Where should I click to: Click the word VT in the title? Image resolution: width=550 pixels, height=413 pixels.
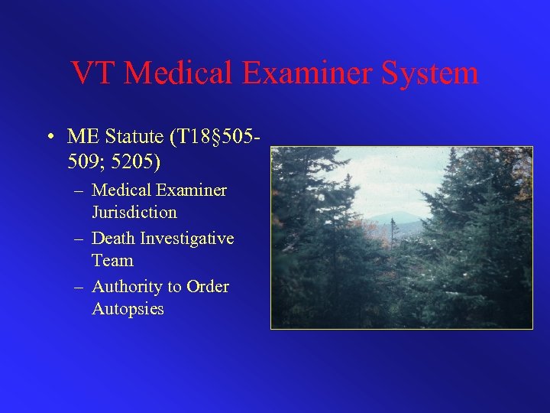(93, 73)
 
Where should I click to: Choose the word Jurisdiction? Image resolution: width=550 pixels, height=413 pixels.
(134, 212)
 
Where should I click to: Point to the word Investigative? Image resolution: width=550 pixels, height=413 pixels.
(187, 239)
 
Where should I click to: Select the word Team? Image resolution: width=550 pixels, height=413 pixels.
(112, 261)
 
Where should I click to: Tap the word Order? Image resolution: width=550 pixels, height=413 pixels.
(208, 287)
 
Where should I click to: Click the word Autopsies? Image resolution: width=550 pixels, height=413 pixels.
(128, 309)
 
